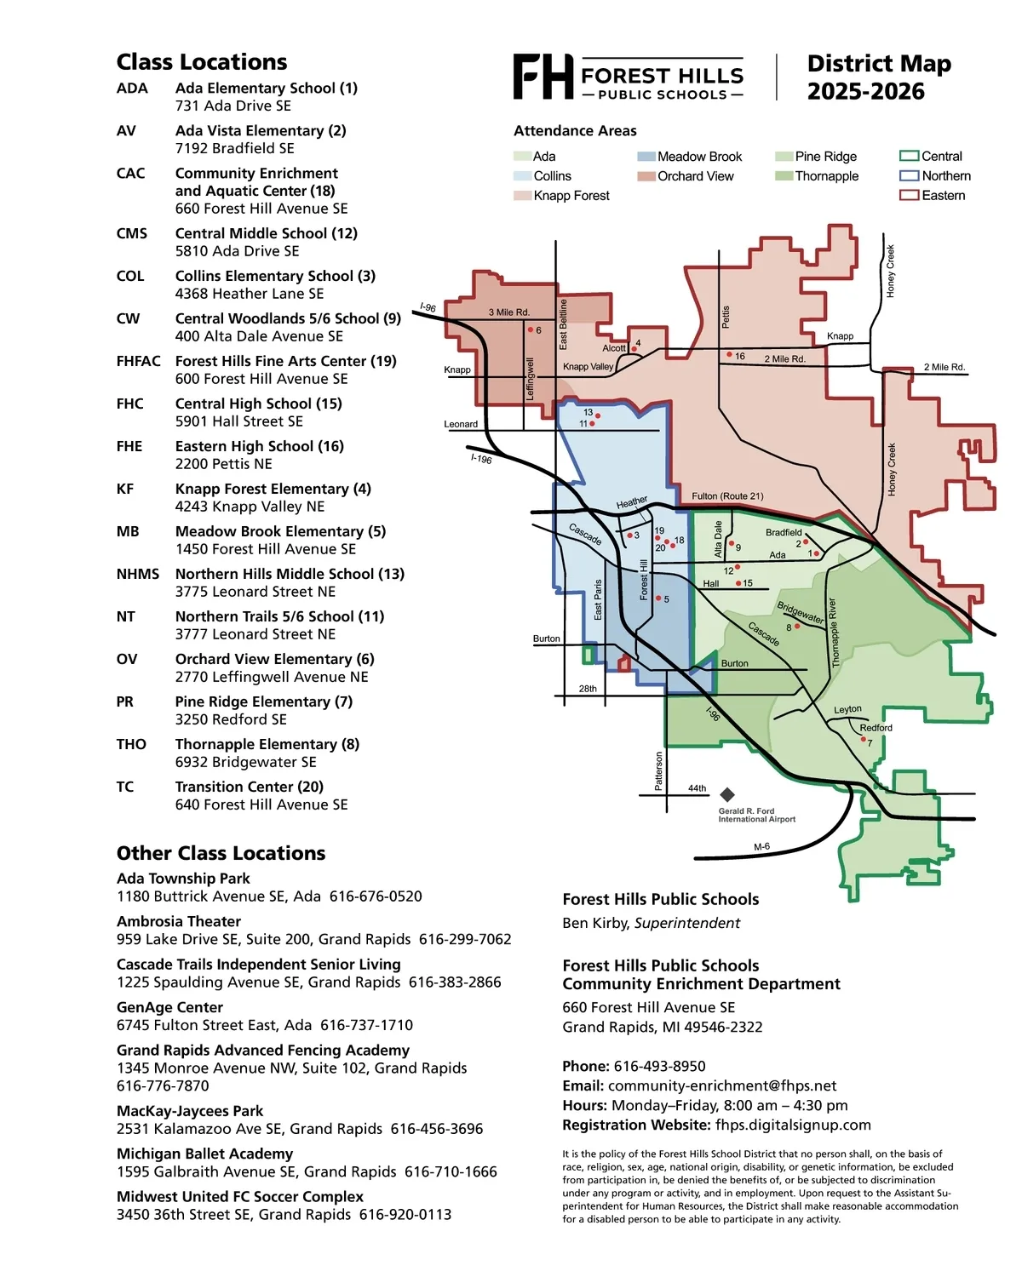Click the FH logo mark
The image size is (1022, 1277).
click(x=543, y=77)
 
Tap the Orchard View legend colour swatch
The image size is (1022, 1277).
click(x=646, y=176)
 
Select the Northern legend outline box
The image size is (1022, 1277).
click(x=909, y=175)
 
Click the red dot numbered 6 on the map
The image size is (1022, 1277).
click(x=531, y=329)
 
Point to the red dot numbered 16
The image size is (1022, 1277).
click(x=729, y=354)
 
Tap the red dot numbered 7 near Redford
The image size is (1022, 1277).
click(x=863, y=739)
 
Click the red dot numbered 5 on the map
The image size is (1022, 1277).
click(x=658, y=598)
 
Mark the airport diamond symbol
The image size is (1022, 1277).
click(x=726, y=794)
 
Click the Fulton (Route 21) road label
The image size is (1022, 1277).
click(x=726, y=495)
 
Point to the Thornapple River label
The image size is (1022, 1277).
click(x=833, y=633)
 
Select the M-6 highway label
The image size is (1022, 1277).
click(x=761, y=847)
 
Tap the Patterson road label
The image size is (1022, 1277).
click(x=658, y=770)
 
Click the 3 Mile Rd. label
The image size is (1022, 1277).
click(x=509, y=312)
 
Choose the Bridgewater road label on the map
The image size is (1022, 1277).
click(x=800, y=612)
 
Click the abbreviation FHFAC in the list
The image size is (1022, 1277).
click(x=138, y=361)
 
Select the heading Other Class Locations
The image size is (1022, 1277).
click(x=221, y=853)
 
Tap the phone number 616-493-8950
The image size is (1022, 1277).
click(x=659, y=1066)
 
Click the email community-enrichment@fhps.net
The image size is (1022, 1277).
click(x=722, y=1085)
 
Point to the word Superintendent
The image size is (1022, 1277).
click(x=687, y=923)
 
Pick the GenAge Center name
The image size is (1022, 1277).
click(x=169, y=1007)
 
